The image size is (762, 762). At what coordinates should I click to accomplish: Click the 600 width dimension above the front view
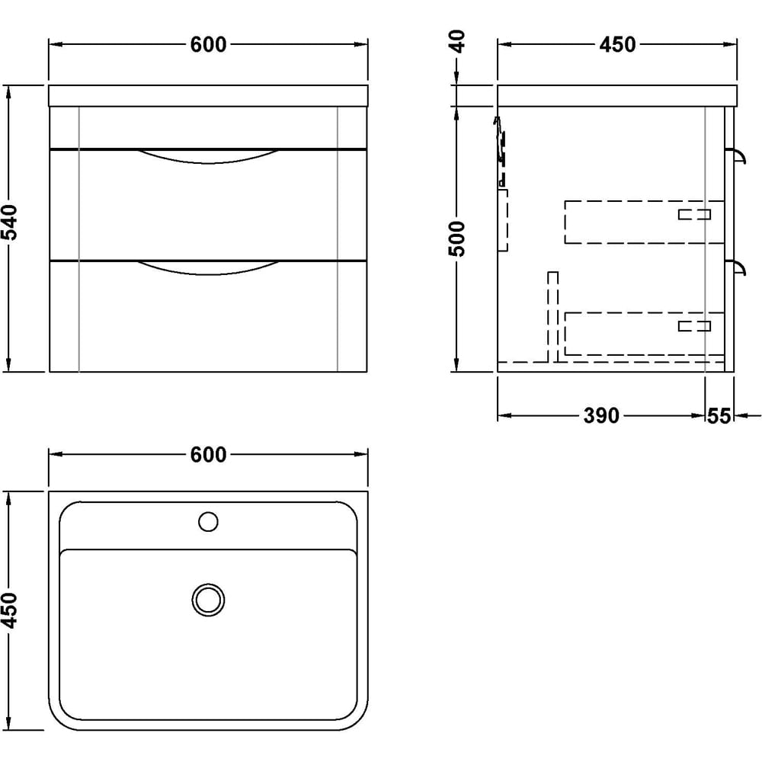[x=208, y=45]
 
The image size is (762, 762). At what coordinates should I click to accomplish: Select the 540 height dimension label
[x=10, y=223]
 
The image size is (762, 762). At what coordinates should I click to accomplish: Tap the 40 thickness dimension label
[x=456, y=41]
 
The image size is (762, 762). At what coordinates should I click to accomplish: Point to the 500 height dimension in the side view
[x=456, y=239]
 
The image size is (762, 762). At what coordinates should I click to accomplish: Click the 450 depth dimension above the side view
[x=617, y=45]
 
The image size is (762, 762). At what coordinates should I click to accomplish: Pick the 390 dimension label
[x=601, y=416]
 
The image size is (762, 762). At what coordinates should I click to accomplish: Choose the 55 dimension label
[x=719, y=416]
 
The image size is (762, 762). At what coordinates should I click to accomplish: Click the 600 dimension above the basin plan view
[x=208, y=455]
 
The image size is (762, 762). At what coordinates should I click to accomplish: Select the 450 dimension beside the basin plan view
[x=10, y=610]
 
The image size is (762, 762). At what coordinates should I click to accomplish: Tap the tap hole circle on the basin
[x=209, y=522]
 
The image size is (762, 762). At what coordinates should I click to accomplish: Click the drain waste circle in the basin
[x=209, y=600]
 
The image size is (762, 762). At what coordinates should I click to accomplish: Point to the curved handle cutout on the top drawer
[x=209, y=157]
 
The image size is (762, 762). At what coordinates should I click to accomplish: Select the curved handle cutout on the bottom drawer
[x=209, y=269]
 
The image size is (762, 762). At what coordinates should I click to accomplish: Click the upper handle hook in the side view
[x=738, y=156]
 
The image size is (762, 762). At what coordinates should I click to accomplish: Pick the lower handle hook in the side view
[x=738, y=268]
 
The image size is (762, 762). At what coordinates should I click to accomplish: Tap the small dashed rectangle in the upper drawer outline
[x=694, y=214]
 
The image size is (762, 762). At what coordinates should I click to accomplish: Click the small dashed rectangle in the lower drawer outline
[x=694, y=326]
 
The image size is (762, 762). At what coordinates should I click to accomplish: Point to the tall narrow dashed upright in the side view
[x=553, y=317]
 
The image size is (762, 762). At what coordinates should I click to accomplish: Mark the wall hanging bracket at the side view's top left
[x=500, y=152]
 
